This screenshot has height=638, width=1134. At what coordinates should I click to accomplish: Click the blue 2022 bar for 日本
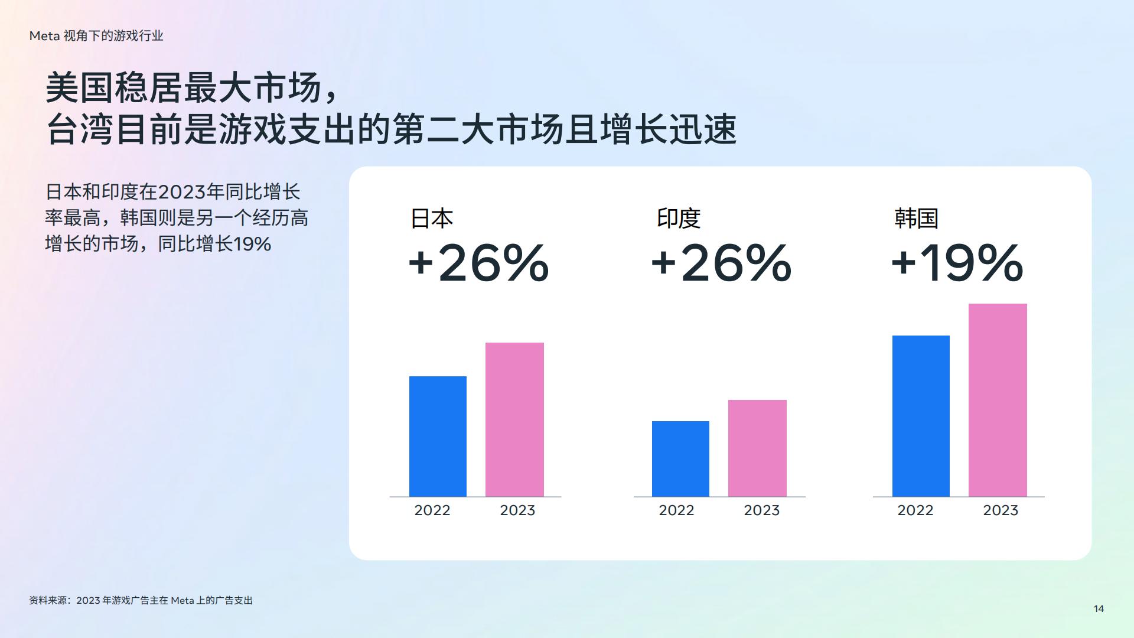click(438, 437)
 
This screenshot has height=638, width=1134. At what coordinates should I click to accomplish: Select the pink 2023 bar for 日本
click(514, 419)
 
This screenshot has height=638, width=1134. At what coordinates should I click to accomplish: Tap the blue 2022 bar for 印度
click(680, 459)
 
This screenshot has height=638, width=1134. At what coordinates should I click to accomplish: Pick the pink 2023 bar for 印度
click(757, 448)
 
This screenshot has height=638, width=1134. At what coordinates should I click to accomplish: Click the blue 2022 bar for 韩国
click(921, 416)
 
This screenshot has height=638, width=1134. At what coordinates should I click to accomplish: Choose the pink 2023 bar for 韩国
click(998, 400)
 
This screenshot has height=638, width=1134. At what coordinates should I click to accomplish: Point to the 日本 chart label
click(432, 219)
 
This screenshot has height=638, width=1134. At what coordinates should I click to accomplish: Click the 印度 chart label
click(679, 219)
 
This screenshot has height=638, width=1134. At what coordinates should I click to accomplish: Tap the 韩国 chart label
click(916, 219)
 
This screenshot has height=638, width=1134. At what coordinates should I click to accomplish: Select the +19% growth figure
click(957, 263)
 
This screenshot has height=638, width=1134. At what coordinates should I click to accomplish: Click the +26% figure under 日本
click(478, 263)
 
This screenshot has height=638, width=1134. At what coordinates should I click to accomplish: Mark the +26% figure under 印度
click(721, 263)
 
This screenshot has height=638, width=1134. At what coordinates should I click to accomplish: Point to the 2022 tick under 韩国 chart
click(915, 510)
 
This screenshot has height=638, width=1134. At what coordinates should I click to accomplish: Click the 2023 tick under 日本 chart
click(517, 510)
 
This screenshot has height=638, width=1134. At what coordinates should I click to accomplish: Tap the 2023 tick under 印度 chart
click(761, 510)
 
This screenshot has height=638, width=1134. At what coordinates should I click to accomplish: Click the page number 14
click(1099, 609)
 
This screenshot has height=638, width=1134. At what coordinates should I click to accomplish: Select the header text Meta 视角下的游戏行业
click(96, 36)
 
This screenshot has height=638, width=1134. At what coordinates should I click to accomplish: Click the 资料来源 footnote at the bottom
click(141, 601)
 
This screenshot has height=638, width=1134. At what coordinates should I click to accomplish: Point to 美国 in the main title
click(79, 87)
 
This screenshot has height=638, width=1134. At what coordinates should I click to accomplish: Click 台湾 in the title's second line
click(79, 129)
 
